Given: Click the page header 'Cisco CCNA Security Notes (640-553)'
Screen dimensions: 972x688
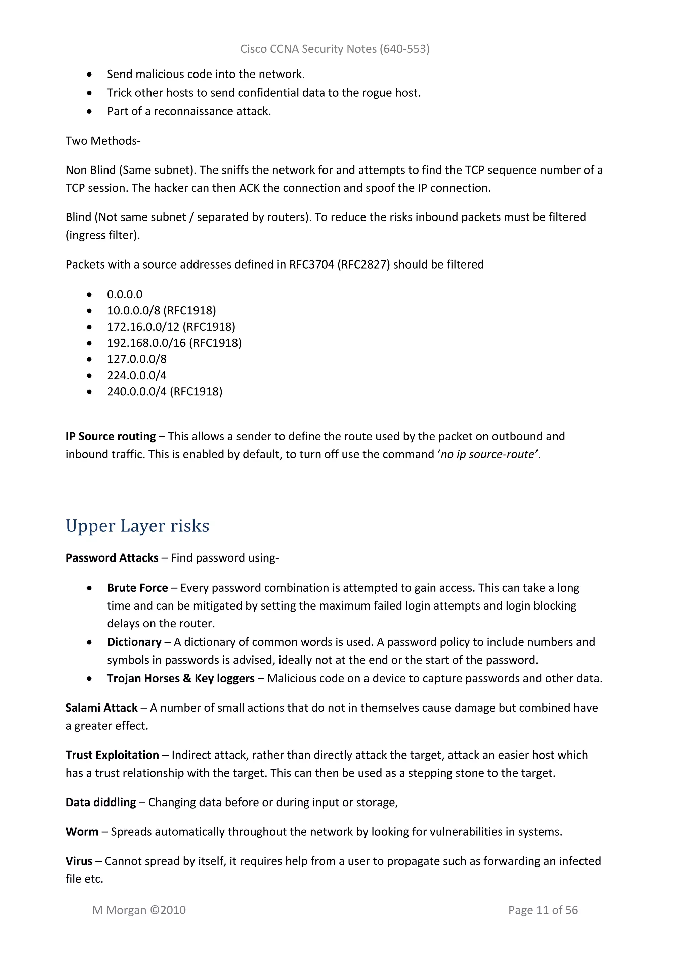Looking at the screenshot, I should tap(335, 49).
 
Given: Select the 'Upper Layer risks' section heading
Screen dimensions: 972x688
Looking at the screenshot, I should tap(137, 526).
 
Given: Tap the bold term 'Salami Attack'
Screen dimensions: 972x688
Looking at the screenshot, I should tap(101, 708).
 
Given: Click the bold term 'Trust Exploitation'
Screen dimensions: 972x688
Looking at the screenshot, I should tap(112, 755).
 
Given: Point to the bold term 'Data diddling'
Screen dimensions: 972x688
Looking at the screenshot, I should tap(100, 802).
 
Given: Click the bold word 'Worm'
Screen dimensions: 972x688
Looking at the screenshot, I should tap(82, 832).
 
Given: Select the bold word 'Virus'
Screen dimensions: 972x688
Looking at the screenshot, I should tap(79, 861).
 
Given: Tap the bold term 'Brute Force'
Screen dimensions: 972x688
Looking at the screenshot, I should tap(137, 588).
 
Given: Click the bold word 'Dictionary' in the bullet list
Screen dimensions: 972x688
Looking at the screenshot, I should tap(134, 642).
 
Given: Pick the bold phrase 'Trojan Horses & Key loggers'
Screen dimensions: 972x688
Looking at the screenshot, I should tap(180, 679).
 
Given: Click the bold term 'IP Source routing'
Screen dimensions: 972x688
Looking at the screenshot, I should tap(111, 436).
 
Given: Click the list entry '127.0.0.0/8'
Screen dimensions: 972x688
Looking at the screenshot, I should tap(136, 359).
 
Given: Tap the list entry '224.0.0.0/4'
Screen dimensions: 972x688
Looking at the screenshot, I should tap(136, 376).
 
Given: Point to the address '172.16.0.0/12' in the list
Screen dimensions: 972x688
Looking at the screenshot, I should tap(143, 327).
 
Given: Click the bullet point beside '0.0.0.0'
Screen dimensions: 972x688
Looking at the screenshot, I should tap(89, 295).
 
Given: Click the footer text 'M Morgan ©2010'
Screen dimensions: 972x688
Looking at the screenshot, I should tap(139, 910).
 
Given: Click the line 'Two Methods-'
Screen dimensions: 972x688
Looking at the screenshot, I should tap(103, 141).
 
